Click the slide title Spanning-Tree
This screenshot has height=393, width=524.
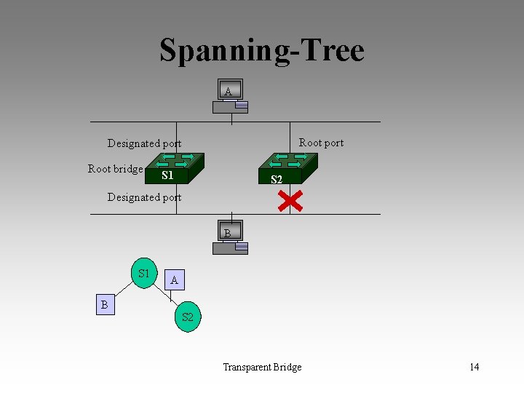point(261,51)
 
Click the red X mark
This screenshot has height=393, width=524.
point(290,201)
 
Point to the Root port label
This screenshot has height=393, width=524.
point(321,143)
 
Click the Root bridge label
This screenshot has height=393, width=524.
point(115,169)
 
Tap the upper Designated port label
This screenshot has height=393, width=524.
point(144,143)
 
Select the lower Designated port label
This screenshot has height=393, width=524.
point(144,197)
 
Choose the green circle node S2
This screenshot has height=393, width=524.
point(188,317)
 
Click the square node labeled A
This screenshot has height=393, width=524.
point(174,279)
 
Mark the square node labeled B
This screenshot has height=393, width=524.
point(104,305)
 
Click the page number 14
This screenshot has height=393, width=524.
point(474,367)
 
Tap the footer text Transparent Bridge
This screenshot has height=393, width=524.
point(262,367)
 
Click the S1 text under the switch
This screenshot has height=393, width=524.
point(167,175)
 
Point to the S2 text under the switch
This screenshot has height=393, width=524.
point(277,180)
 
